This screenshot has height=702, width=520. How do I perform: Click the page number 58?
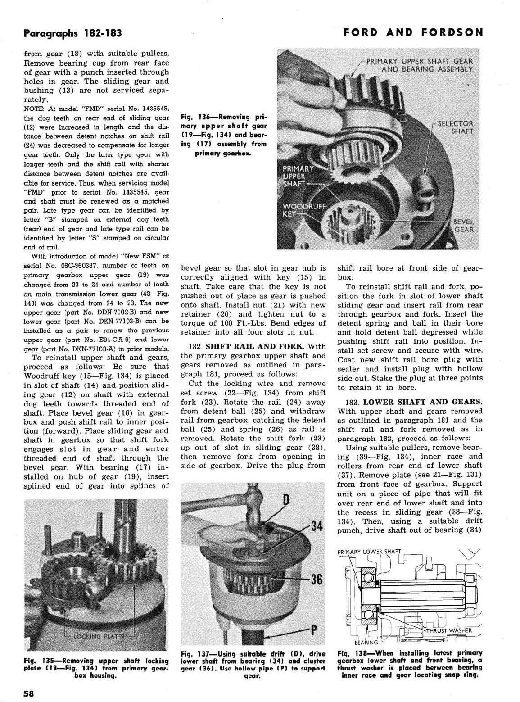(x=28, y=693)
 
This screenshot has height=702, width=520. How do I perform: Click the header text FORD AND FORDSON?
(x=413, y=32)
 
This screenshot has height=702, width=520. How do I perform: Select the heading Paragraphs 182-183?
(x=72, y=33)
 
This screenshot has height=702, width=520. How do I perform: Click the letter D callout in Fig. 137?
(x=285, y=500)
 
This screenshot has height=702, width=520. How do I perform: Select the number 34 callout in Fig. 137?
(x=317, y=526)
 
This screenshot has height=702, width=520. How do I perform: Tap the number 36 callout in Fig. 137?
(x=317, y=579)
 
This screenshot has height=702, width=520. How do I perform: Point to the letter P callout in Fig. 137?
(x=313, y=630)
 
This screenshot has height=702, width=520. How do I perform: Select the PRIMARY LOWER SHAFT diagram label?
(x=369, y=552)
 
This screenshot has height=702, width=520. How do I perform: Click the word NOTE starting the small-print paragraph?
(x=33, y=109)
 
